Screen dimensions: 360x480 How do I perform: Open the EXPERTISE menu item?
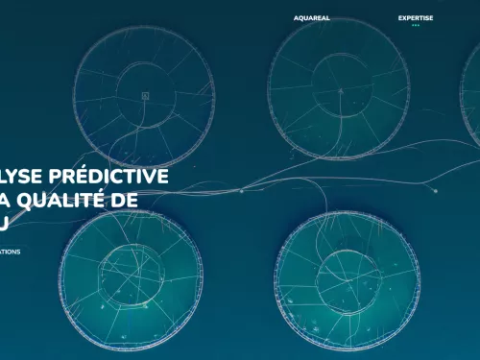[416, 17]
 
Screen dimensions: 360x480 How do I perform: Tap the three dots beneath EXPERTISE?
[416, 26]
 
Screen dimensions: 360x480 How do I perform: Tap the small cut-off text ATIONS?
[10, 252]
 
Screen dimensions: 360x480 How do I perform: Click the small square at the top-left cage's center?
[145, 95]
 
